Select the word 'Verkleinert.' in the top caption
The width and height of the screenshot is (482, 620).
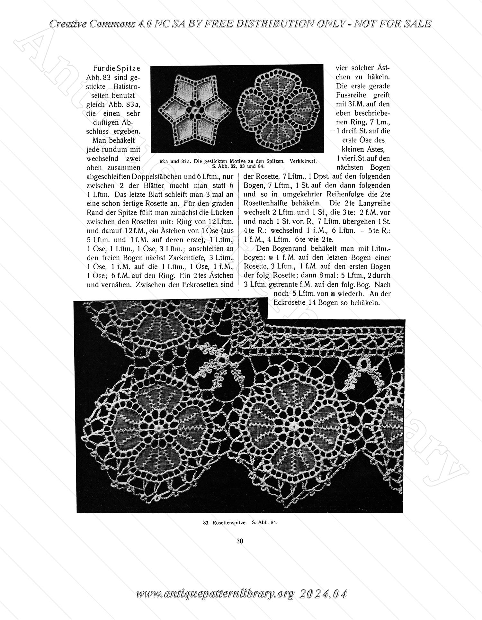coord(303,161)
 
